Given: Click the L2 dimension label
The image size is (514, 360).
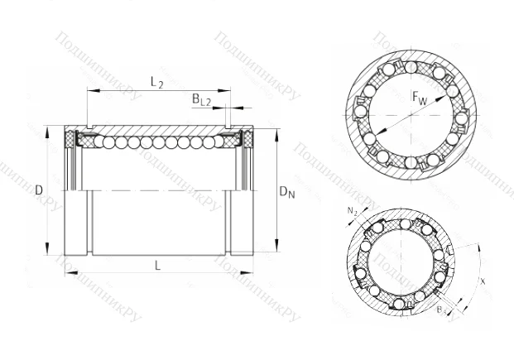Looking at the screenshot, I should [x=156, y=81].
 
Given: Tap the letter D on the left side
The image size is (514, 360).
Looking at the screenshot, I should [x=39, y=191].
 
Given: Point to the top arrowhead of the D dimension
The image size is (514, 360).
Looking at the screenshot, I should [x=49, y=127].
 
